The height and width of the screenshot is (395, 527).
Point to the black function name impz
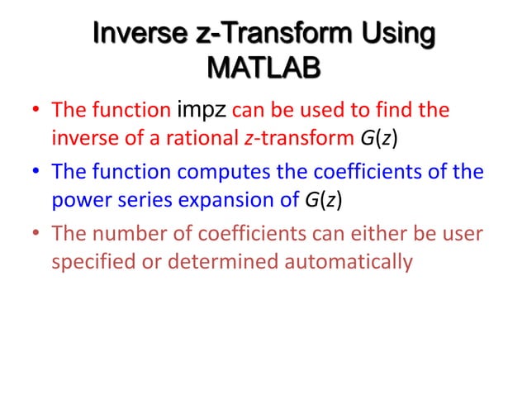pos(202,109)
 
